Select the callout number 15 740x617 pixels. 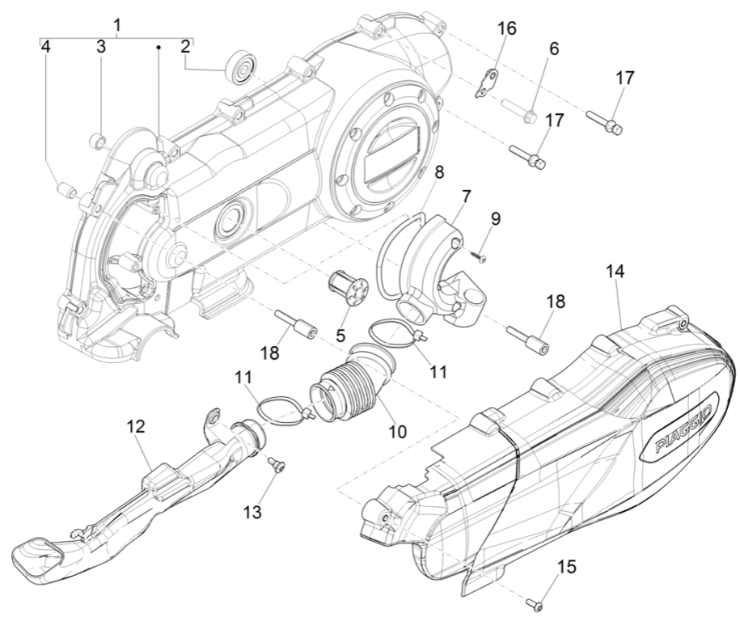[x=567, y=568]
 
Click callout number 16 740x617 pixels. [x=506, y=29]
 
